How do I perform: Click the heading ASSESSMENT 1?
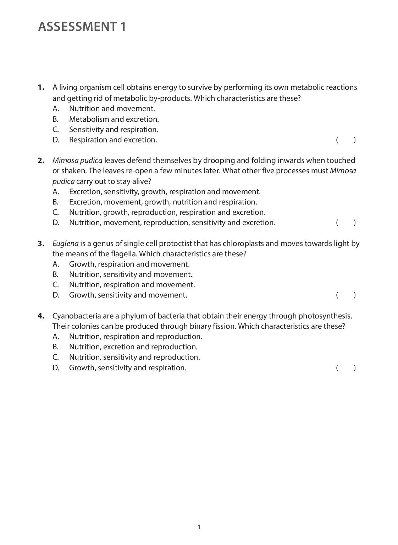[x=82, y=27]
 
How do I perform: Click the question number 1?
[x=41, y=87]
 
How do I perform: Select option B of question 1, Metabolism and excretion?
[x=114, y=119]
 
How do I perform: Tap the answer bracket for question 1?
[x=346, y=140]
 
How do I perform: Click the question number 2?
[x=41, y=160]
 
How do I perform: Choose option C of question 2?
[x=167, y=212]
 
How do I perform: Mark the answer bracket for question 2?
[x=346, y=223]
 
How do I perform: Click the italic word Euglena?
[x=65, y=244]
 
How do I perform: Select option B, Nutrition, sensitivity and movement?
[x=130, y=274]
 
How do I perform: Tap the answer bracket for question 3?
[x=346, y=295]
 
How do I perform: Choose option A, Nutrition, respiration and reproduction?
[x=136, y=337]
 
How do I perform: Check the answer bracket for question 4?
[x=346, y=368]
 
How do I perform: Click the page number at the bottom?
[x=199, y=527]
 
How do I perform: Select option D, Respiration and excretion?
[x=113, y=140]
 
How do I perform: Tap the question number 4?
[x=41, y=316]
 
